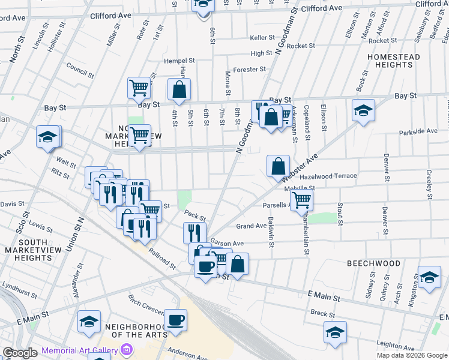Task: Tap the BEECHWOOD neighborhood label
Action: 373,263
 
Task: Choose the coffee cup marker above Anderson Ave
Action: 176,319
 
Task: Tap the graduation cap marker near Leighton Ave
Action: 335,331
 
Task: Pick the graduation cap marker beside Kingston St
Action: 429,277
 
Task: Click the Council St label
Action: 80,71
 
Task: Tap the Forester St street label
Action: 250,69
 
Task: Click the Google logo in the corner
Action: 20,353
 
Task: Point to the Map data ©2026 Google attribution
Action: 412,355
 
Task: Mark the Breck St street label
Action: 323,313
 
